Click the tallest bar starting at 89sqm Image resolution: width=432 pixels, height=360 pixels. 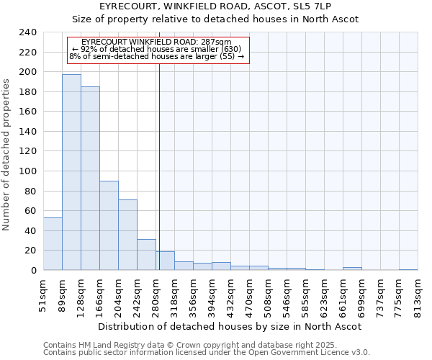pos(71,173)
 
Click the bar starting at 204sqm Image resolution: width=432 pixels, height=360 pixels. pos(127,235)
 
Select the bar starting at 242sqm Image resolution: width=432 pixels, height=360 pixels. pos(146,254)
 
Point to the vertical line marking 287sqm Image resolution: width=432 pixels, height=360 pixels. pos(159,166)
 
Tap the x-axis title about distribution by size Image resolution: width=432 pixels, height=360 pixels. pos(230,326)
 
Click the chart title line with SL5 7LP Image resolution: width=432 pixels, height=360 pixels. pos(215,6)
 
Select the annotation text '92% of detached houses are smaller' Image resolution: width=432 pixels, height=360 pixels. pos(157,49)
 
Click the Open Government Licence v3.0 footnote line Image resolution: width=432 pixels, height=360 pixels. pos(207,353)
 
